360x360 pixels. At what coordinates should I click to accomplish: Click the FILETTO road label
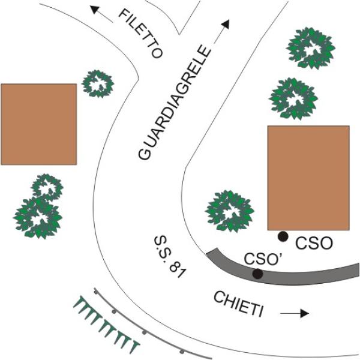141,33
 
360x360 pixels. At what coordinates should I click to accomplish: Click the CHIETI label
239,304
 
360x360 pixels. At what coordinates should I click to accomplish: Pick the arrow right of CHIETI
296,313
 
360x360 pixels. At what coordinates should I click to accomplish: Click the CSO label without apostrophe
316,243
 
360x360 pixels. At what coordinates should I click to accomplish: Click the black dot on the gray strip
257,274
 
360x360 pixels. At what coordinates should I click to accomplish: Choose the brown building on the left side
38,124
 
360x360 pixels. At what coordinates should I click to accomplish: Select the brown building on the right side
308,178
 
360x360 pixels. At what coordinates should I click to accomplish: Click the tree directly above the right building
293,98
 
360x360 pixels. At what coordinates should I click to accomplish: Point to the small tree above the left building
98,84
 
